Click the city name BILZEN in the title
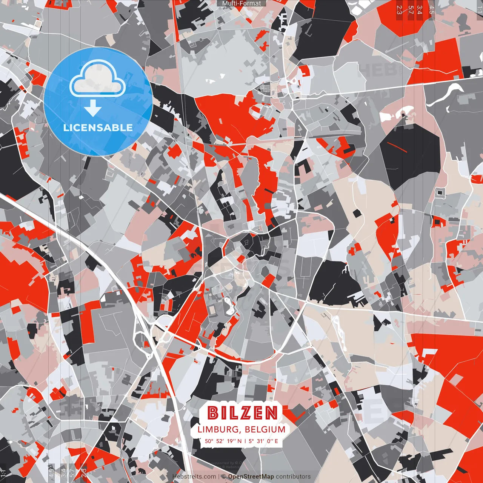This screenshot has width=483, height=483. [x=243, y=413]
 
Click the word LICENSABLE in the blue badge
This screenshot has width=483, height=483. [x=98, y=128]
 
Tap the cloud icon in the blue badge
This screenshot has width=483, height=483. [x=97, y=79]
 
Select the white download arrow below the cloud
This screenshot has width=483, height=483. [x=93, y=109]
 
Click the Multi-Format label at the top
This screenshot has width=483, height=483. [x=241, y=3]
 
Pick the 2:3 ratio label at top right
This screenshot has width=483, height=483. [x=399, y=9]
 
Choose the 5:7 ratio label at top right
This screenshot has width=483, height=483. [x=411, y=9]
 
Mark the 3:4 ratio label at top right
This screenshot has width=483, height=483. [x=419, y=9]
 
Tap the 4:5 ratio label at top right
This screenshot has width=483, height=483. [x=432, y=9]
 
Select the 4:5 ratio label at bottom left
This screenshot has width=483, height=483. [x=51, y=472]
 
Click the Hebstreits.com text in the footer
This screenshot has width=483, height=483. [x=194, y=477]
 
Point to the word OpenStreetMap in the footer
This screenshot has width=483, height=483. [x=251, y=477]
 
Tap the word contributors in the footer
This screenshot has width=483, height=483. [x=293, y=477]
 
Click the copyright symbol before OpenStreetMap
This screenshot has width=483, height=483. [x=223, y=477]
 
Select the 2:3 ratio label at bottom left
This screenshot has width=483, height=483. [x=84, y=472]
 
